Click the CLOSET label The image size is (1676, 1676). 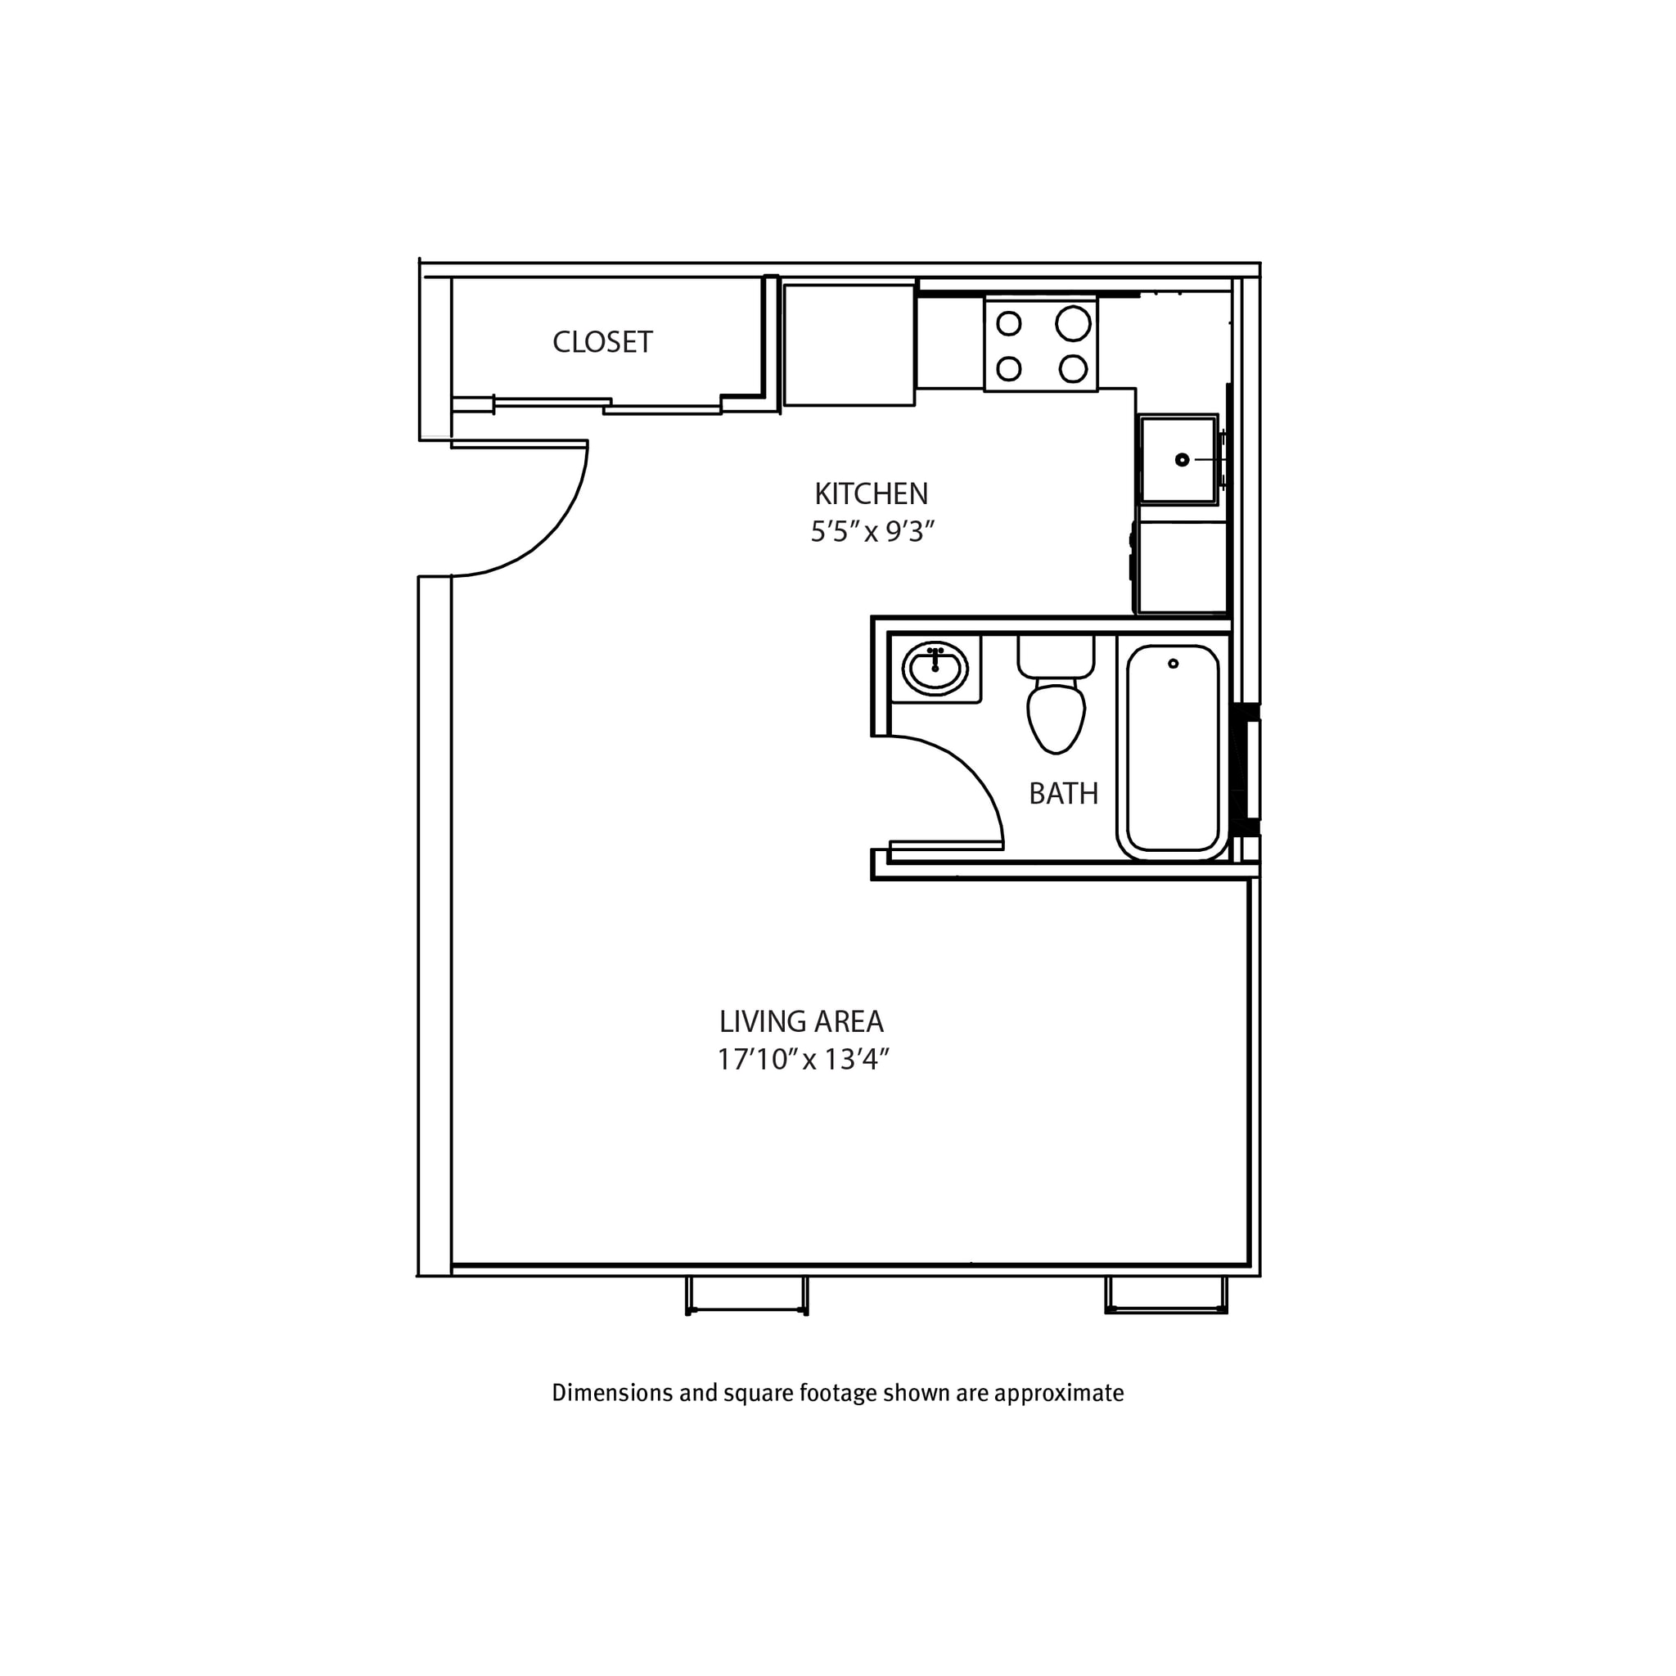[602, 343]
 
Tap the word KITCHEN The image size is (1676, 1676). [871, 494]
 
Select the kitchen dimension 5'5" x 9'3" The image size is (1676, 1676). [872, 532]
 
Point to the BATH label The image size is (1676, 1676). [1063, 794]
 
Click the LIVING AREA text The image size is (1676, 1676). [800, 1022]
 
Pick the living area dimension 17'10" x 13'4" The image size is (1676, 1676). [804, 1060]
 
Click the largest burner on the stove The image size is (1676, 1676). [1073, 324]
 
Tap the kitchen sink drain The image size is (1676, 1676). [1182, 460]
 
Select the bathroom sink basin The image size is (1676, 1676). [935, 669]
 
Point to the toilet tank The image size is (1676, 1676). [1056, 656]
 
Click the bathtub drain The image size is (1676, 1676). [1173, 664]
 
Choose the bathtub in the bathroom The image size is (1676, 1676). [1173, 750]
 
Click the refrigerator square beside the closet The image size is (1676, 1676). [849, 344]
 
